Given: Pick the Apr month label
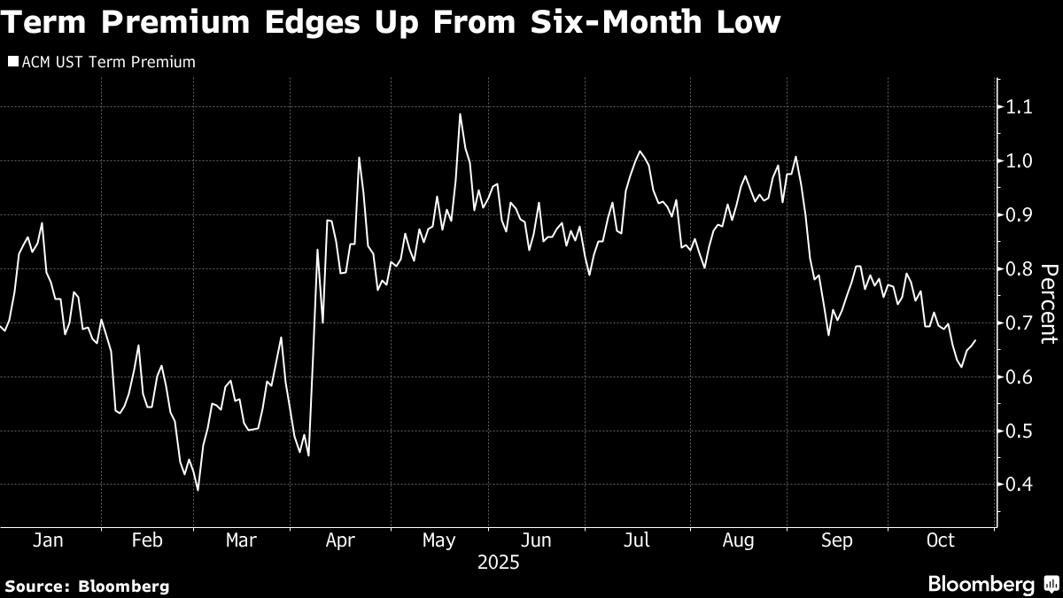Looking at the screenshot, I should click(x=341, y=540).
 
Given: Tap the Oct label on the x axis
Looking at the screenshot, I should click(x=939, y=540).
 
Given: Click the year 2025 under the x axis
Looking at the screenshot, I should click(x=499, y=562).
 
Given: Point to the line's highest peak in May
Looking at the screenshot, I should click(x=461, y=113).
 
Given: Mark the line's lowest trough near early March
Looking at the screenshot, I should click(x=198, y=489).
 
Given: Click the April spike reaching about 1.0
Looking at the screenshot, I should click(x=359, y=158).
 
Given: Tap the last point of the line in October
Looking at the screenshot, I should click(x=975, y=340).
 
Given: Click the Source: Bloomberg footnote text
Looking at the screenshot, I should click(x=86, y=586).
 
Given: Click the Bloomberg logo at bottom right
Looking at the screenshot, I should click(x=992, y=584).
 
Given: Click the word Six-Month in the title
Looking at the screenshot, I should click(x=603, y=22).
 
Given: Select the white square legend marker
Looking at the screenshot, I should click(x=12, y=62).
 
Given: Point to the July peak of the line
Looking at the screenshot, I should click(x=639, y=151).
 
